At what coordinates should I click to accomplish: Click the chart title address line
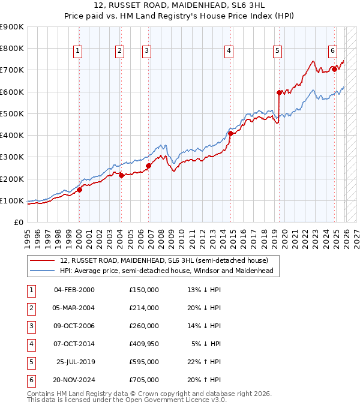180,5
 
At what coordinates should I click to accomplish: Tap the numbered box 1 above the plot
79,52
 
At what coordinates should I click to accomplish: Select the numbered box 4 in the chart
229,52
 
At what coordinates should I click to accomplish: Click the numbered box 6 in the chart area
332,52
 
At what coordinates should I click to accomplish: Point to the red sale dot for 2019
279,92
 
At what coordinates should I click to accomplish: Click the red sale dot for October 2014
230,133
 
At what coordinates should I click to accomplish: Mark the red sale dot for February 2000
79,190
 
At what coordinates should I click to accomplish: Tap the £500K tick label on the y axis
11,113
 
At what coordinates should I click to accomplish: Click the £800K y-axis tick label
11,49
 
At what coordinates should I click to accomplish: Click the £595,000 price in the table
144,362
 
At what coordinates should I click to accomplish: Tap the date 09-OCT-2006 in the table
74,326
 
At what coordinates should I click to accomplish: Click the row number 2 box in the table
30,308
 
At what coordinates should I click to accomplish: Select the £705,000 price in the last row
144,380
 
